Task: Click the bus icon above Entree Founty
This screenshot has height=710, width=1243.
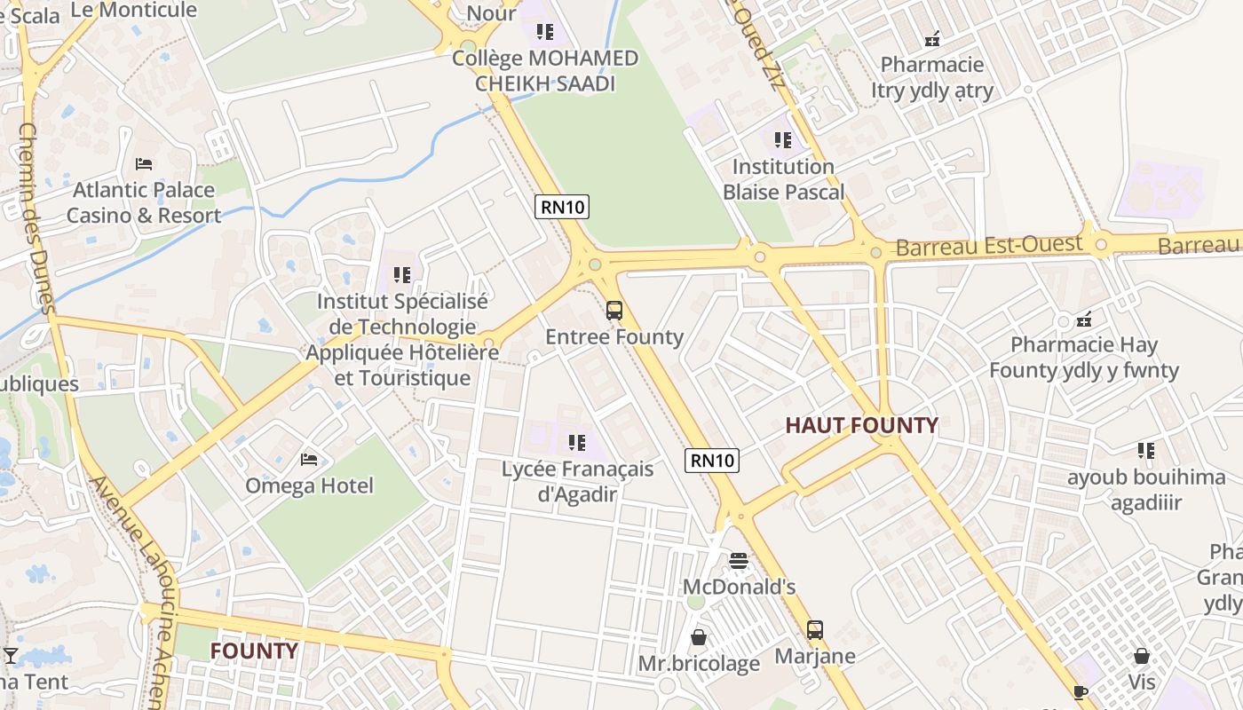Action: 614,311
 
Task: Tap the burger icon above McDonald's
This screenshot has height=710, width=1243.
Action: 739,561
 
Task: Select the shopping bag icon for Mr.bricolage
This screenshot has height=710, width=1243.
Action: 699,637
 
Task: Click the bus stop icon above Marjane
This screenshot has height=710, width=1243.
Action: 815,630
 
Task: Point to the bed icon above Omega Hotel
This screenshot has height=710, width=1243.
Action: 309,459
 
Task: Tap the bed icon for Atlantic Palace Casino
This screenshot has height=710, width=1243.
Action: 144,163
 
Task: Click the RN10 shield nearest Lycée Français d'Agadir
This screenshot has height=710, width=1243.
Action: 712,460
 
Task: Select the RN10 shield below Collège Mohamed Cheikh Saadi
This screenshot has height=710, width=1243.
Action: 562,207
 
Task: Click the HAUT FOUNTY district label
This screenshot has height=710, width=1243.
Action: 861,426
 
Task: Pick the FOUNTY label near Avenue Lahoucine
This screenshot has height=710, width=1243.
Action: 254,651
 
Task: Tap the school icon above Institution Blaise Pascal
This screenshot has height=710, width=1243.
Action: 782,140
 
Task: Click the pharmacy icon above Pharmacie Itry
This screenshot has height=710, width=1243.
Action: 932,39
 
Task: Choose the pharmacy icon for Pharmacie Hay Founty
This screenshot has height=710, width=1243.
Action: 1083,319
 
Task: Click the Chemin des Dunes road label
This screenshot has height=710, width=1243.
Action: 37,217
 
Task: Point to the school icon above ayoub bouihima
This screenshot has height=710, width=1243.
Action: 1146,451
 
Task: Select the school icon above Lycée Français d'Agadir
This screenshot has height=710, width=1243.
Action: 577,442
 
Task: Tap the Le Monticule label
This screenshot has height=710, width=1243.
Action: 133,11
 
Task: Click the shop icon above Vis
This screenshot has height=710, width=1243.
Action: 1142,656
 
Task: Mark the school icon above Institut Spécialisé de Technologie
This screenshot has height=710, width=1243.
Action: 402,275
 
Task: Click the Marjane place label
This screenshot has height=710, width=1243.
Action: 815,656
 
